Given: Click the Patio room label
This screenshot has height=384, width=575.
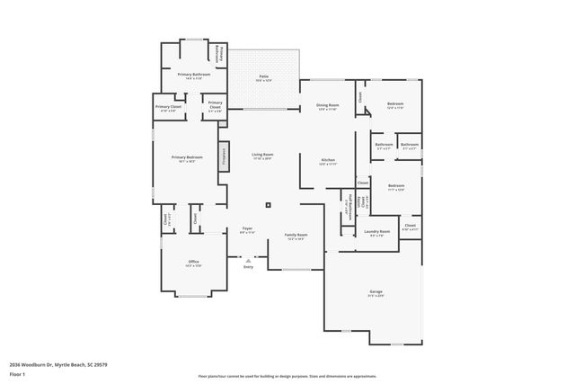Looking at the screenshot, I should click(x=264, y=77).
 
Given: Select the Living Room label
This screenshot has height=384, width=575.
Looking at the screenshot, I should click(x=262, y=156).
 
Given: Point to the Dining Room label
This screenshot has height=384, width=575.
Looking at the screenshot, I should click(x=327, y=107).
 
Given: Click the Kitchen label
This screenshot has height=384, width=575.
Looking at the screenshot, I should click(x=329, y=162).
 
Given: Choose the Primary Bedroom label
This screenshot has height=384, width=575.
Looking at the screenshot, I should click(x=187, y=158).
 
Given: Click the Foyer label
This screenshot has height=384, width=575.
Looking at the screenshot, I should click(x=247, y=230).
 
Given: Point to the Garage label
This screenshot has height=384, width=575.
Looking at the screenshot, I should click(x=376, y=293).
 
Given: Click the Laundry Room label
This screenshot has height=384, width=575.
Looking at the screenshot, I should click(x=377, y=232).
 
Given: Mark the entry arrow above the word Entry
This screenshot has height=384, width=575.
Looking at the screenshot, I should click(x=248, y=260).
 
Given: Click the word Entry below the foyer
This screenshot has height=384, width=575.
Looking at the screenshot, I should click(x=248, y=267).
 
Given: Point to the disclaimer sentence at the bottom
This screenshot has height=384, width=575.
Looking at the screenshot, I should click(x=287, y=376).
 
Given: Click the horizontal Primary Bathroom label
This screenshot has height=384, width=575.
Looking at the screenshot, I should click(x=193, y=76).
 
